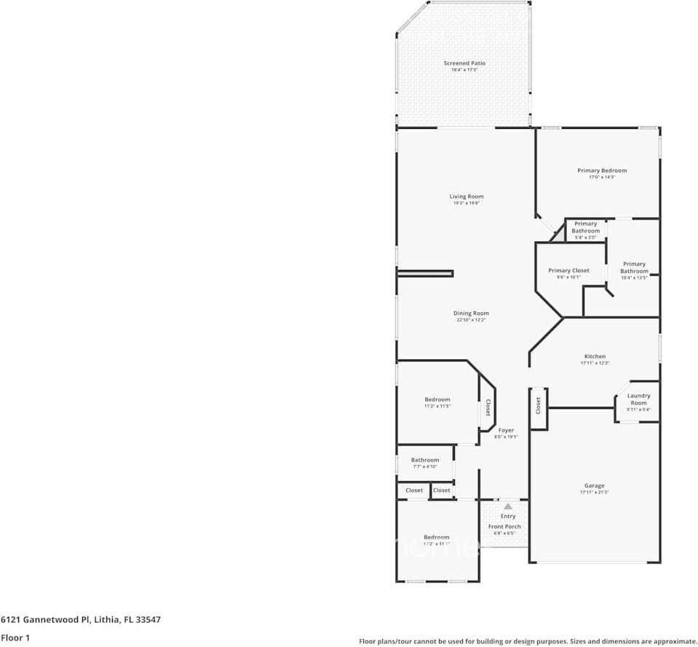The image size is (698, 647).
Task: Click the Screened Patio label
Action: coord(464,63)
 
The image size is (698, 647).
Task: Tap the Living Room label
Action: coord(466,197)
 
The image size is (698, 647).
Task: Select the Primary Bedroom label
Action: coord(602,170)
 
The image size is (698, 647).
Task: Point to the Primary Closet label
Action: coord(568,271)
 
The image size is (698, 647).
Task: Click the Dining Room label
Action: coord(470,314)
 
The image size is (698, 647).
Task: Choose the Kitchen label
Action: coord(595,357)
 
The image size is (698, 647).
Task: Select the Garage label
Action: coord(594,485)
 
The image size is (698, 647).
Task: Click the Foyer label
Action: coord(506,430)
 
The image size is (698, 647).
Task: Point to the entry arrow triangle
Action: coord(507,506)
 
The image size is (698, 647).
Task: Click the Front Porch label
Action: coord(504,526)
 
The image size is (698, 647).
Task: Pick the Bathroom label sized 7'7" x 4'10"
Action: coord(425,460)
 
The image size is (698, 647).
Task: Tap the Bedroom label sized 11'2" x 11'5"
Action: coord(437,400)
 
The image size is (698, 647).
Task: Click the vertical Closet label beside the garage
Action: coord(538,405)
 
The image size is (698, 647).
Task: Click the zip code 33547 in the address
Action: coord(148,620)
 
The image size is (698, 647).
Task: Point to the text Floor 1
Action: coord(16,638)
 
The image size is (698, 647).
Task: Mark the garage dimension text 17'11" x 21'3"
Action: coord(594,493)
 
